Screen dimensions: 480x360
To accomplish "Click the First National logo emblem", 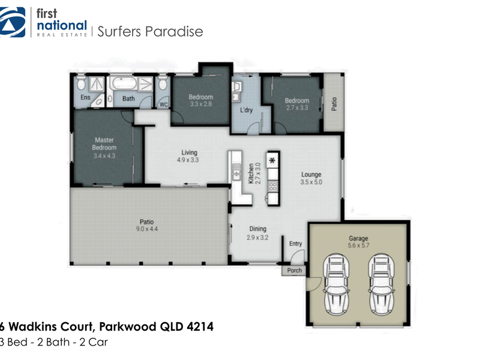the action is [x=12, y=22].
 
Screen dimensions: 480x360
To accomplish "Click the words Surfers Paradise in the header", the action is [x=150, y=32].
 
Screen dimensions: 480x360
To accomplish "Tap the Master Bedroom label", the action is [x=104, y=143].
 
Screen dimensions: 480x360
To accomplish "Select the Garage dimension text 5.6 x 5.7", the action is [x=358, y=245].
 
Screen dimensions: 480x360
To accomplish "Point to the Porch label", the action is [x=295, y=271].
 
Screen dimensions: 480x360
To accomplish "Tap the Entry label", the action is [x=295, y=244].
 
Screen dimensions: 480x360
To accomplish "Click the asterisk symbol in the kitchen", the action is [x=272, y=160].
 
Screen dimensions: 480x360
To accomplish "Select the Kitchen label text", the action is [x=251, y=173].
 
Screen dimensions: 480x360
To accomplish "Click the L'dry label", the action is [x=247, y=110].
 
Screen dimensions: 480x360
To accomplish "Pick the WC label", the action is [x=164, y=104].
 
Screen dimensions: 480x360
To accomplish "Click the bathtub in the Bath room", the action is [x=123, y=83].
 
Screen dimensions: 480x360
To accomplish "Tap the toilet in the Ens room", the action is [x=82, y=83].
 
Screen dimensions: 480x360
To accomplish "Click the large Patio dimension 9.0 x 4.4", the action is [x=147, y=229].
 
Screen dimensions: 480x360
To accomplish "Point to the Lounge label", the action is [x=311, y=175].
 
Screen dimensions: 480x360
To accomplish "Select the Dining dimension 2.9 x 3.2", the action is [x=257, y=237].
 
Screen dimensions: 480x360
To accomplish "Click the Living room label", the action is [x=189, y=152].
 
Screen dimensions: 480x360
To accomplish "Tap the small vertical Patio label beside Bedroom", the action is [x=334, y=104].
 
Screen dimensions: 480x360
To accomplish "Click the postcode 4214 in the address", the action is [x=200, y=326].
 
